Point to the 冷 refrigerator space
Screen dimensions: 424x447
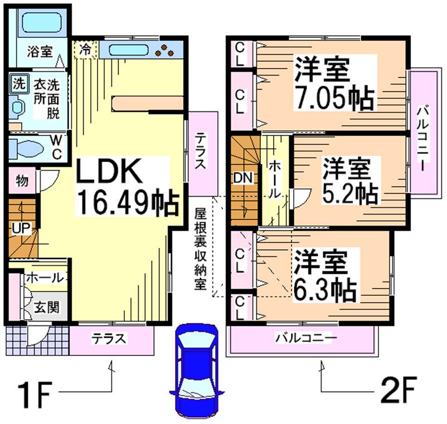[x=85, y=48]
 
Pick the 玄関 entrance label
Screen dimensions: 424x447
[x=42, y=307]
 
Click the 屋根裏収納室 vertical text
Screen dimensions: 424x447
[x=200, y=248]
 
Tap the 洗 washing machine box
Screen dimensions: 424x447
[x=19, y=84]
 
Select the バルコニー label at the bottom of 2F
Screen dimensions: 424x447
[x=303, y=338]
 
